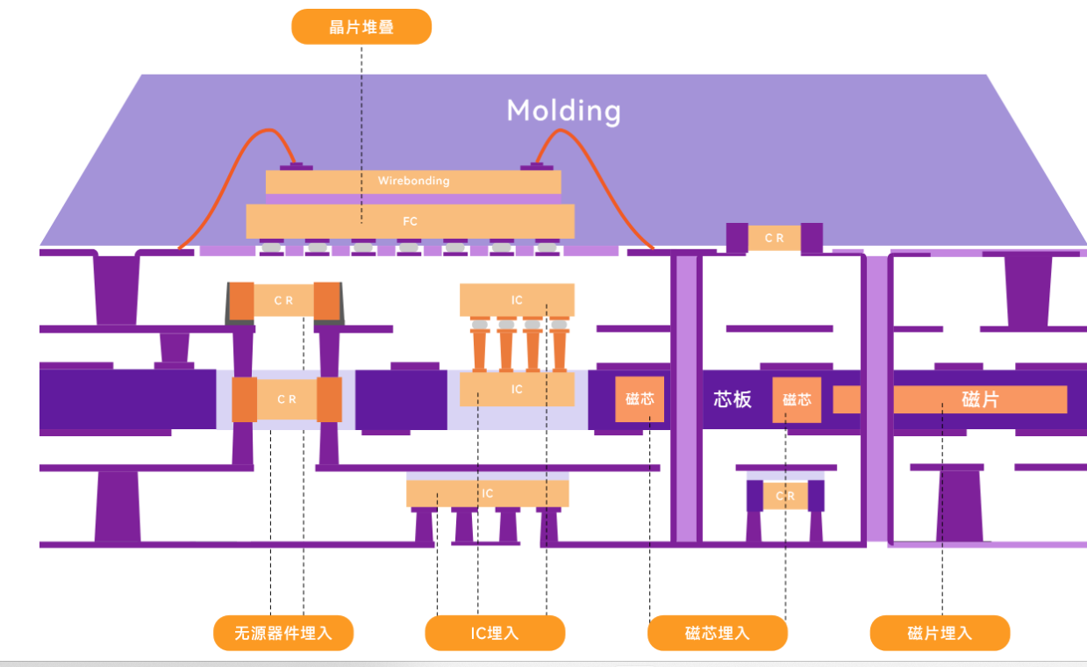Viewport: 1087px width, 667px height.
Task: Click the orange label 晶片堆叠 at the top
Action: [x=361, y=27]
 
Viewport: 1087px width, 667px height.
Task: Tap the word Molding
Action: [x=563, y=111]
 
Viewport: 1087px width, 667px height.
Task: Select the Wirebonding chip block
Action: [x=413, y=182]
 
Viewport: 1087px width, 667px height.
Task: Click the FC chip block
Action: [x=410, y=221]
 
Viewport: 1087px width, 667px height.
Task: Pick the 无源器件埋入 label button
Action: [x=283, y=633]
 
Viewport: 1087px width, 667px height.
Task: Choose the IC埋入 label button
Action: [x=495, y=633]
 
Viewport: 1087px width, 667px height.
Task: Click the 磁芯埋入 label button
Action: [x=717, y=633]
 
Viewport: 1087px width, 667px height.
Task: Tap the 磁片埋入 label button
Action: [x=940, y=633]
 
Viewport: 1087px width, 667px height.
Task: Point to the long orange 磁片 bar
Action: [x=979, y=399]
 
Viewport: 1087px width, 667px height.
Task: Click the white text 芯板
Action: [x=733, y=399]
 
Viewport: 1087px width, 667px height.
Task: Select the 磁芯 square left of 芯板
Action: [x=640, y=398]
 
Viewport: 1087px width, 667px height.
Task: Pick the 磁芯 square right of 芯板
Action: [x=797, y=399]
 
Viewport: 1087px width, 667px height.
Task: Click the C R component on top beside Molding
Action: [x=774, y=238]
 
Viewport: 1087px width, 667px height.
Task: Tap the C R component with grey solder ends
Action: [x=283, y=300]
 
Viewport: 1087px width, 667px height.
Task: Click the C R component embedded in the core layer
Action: [x=287, y=399]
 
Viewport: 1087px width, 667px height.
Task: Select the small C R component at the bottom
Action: [x=785, y=496]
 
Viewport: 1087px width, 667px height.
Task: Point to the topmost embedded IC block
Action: [x=517, y=300]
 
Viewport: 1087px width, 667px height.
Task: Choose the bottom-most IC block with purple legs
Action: [x=487, y=493]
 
